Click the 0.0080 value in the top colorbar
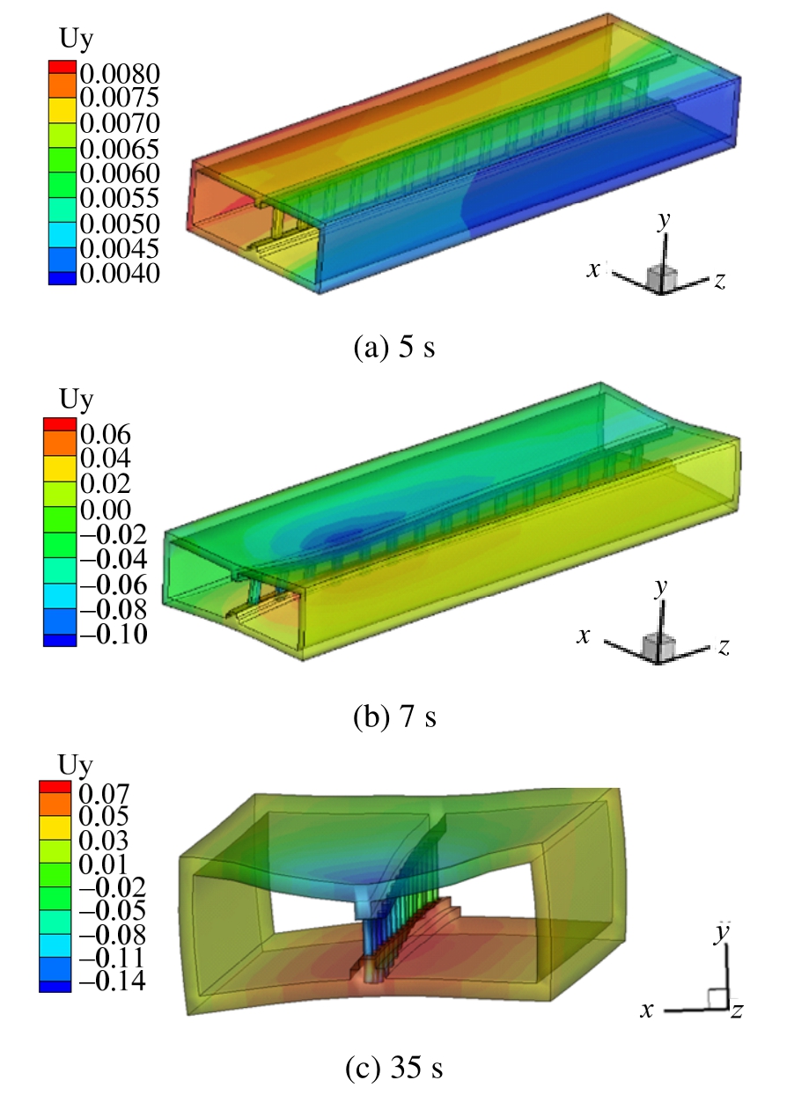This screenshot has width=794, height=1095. click(120, 74)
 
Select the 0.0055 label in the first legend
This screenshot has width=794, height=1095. click(120, 198)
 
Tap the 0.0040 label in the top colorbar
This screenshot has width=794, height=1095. click(120, 273)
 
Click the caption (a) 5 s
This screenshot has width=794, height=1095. click(394, 348)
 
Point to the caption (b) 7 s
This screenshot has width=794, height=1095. click(394, 717)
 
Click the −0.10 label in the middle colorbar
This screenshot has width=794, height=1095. click(114, 635)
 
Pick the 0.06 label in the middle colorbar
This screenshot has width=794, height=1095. click(106, 434)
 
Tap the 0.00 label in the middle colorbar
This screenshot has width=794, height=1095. click(106, 510)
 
